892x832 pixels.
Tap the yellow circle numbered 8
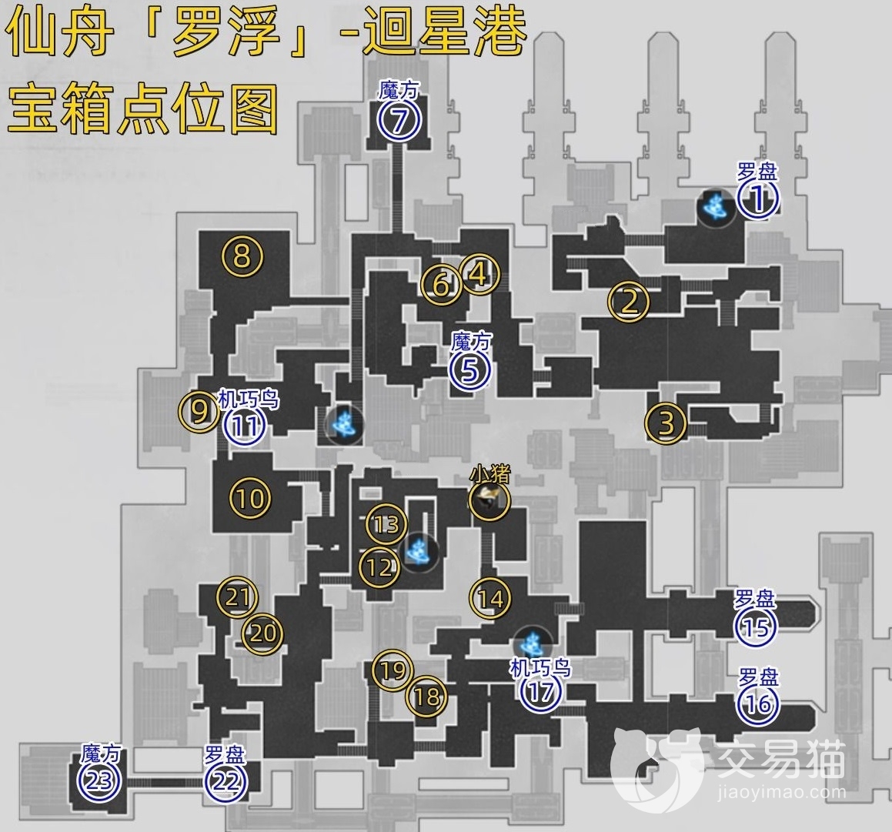point(242,256)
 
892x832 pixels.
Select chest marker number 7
point(397,121)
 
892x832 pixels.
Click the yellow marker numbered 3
point(666,422)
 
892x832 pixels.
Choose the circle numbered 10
point(251,498)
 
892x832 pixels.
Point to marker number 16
point(757,705)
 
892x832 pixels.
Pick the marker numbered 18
point(427,697)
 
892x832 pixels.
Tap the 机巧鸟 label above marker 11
point(249,399)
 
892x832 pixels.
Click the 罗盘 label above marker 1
point(757,171)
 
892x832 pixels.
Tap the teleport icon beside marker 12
point(420,551)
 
